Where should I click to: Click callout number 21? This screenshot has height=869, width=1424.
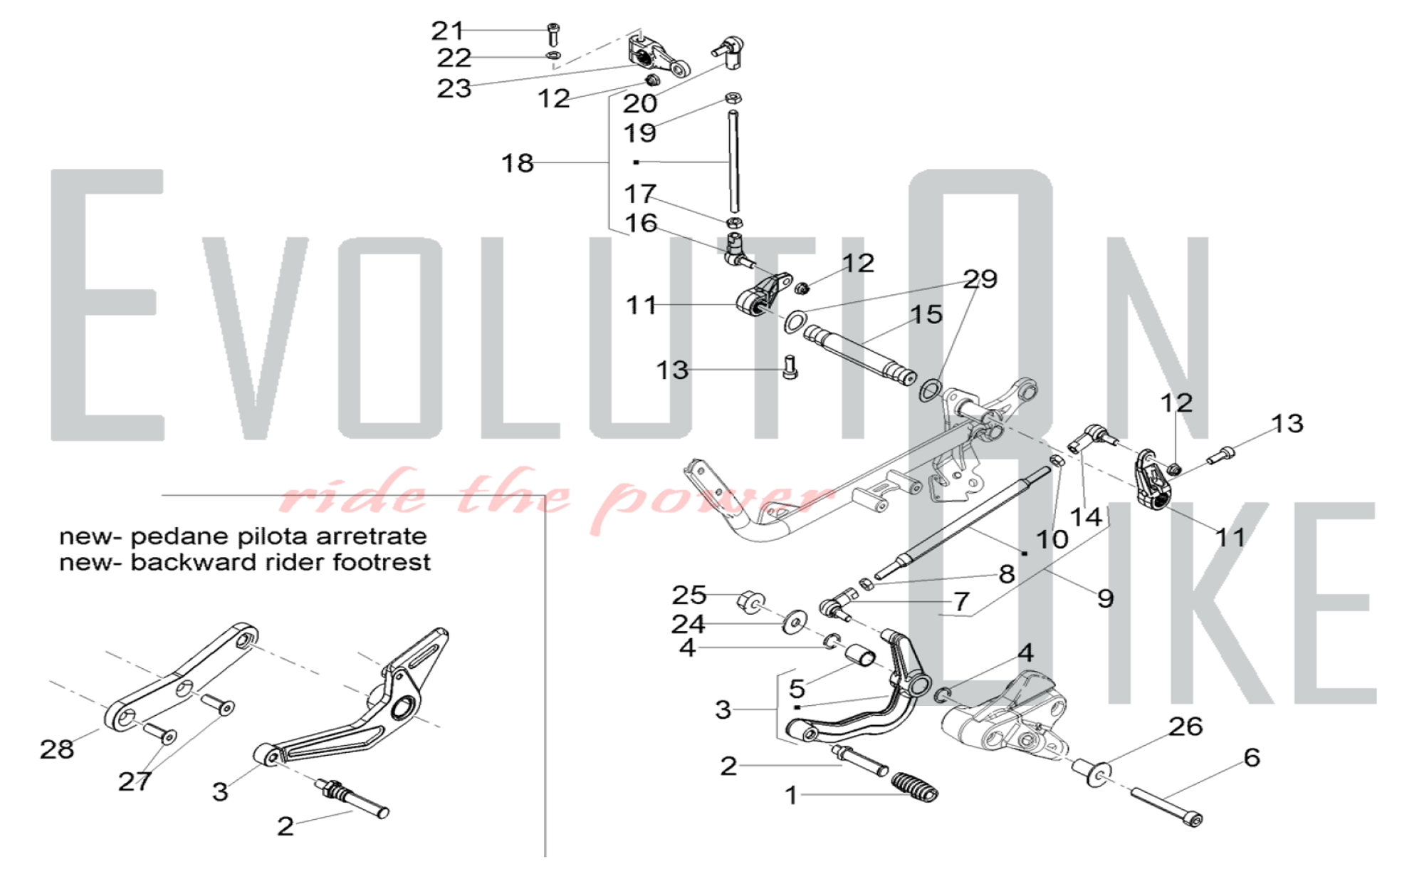coord(447,31)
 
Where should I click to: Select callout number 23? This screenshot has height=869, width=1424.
coord(454,89)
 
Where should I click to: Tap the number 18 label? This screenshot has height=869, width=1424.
coord(517,163)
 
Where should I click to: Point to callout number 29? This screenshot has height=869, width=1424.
coord(980,279)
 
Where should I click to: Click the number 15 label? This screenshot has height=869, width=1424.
coord(926,314)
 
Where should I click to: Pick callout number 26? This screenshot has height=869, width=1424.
coord(1185,727)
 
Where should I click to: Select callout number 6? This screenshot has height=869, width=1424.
coord(1252,757)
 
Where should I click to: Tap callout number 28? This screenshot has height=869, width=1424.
coord(57,749)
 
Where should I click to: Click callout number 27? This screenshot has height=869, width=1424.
coord(135,781)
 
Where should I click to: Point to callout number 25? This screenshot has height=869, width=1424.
coord(689,595)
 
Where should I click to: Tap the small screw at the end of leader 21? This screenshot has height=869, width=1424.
coord(553,34)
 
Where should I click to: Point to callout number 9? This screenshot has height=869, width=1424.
coord(1105,598)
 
